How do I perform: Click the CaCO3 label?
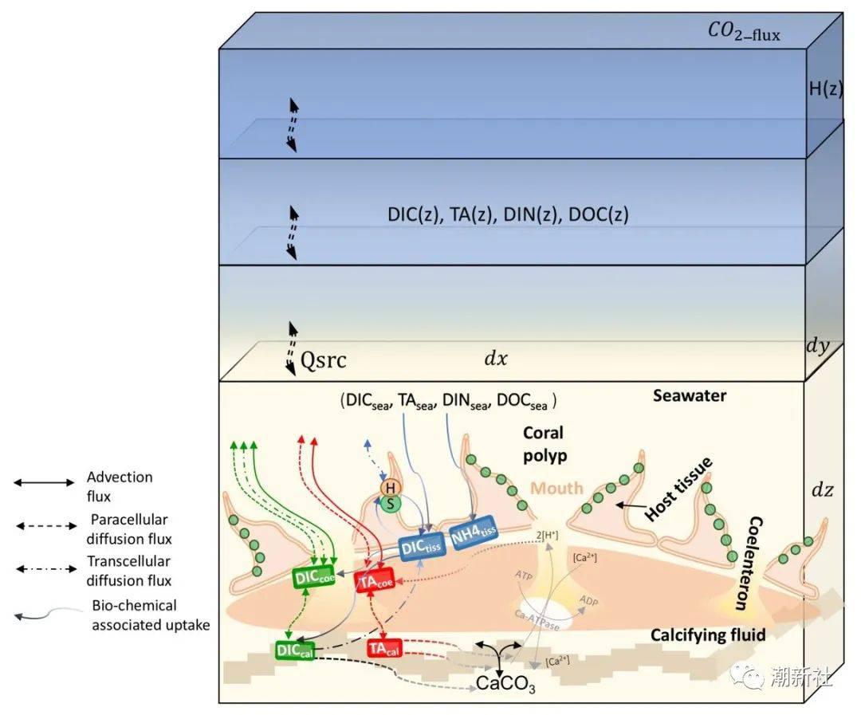click(505, 683)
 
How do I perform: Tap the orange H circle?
click(391, 486)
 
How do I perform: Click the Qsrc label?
click(323, 360)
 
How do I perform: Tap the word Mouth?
click(557, 487)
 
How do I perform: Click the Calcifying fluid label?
click(708, 634)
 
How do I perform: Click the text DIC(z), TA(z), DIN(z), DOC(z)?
click(508, 214)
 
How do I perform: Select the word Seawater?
click(689, 395)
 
